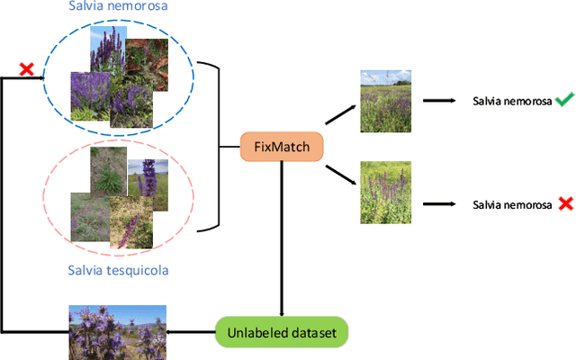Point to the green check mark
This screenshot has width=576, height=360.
563,101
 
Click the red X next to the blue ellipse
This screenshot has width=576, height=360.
28,69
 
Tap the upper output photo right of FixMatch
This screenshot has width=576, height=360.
385,102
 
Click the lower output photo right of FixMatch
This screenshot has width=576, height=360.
385,192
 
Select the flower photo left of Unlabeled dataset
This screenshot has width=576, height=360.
118,331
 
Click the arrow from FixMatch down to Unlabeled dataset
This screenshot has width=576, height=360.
282,234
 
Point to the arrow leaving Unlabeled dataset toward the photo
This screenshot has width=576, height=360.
192,331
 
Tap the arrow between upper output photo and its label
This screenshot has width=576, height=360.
440,102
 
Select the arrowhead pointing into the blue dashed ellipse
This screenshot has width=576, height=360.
40,78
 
